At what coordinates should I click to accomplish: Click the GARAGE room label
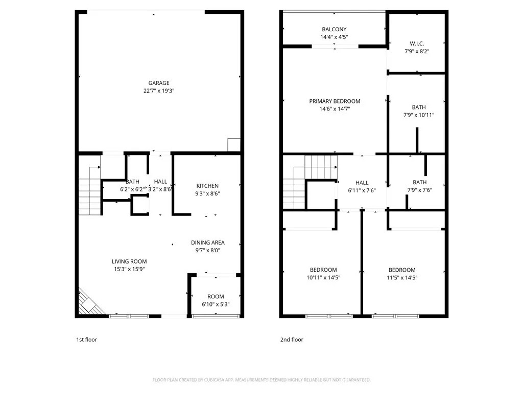click(159, 83)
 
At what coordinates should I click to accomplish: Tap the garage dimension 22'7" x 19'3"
click(159, 91)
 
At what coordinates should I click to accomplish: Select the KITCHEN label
click(207, 186)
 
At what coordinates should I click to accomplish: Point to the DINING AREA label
click(208, 243)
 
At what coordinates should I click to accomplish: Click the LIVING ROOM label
click(129, 261)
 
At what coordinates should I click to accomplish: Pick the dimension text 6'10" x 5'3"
click(216, 304)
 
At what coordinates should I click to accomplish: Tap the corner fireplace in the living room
click(89, 302)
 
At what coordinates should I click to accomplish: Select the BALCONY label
click(334, 29)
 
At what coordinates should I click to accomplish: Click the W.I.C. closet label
click(417, 43)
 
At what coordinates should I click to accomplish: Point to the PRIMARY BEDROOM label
click(335, 101)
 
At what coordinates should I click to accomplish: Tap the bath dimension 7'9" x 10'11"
click(419, 115)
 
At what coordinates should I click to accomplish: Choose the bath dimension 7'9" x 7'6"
click(419, 190)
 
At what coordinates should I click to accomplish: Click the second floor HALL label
click(362, 183)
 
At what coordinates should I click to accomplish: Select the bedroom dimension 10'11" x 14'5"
click(323, 277)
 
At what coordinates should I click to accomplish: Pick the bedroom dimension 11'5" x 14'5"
click(402, 277)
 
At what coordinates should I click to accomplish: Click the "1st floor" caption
click(86, 340)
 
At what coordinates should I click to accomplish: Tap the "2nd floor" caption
click(292, 340)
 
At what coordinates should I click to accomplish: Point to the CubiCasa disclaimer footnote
click(261, 380)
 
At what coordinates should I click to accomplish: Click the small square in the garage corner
click(234, 145)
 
